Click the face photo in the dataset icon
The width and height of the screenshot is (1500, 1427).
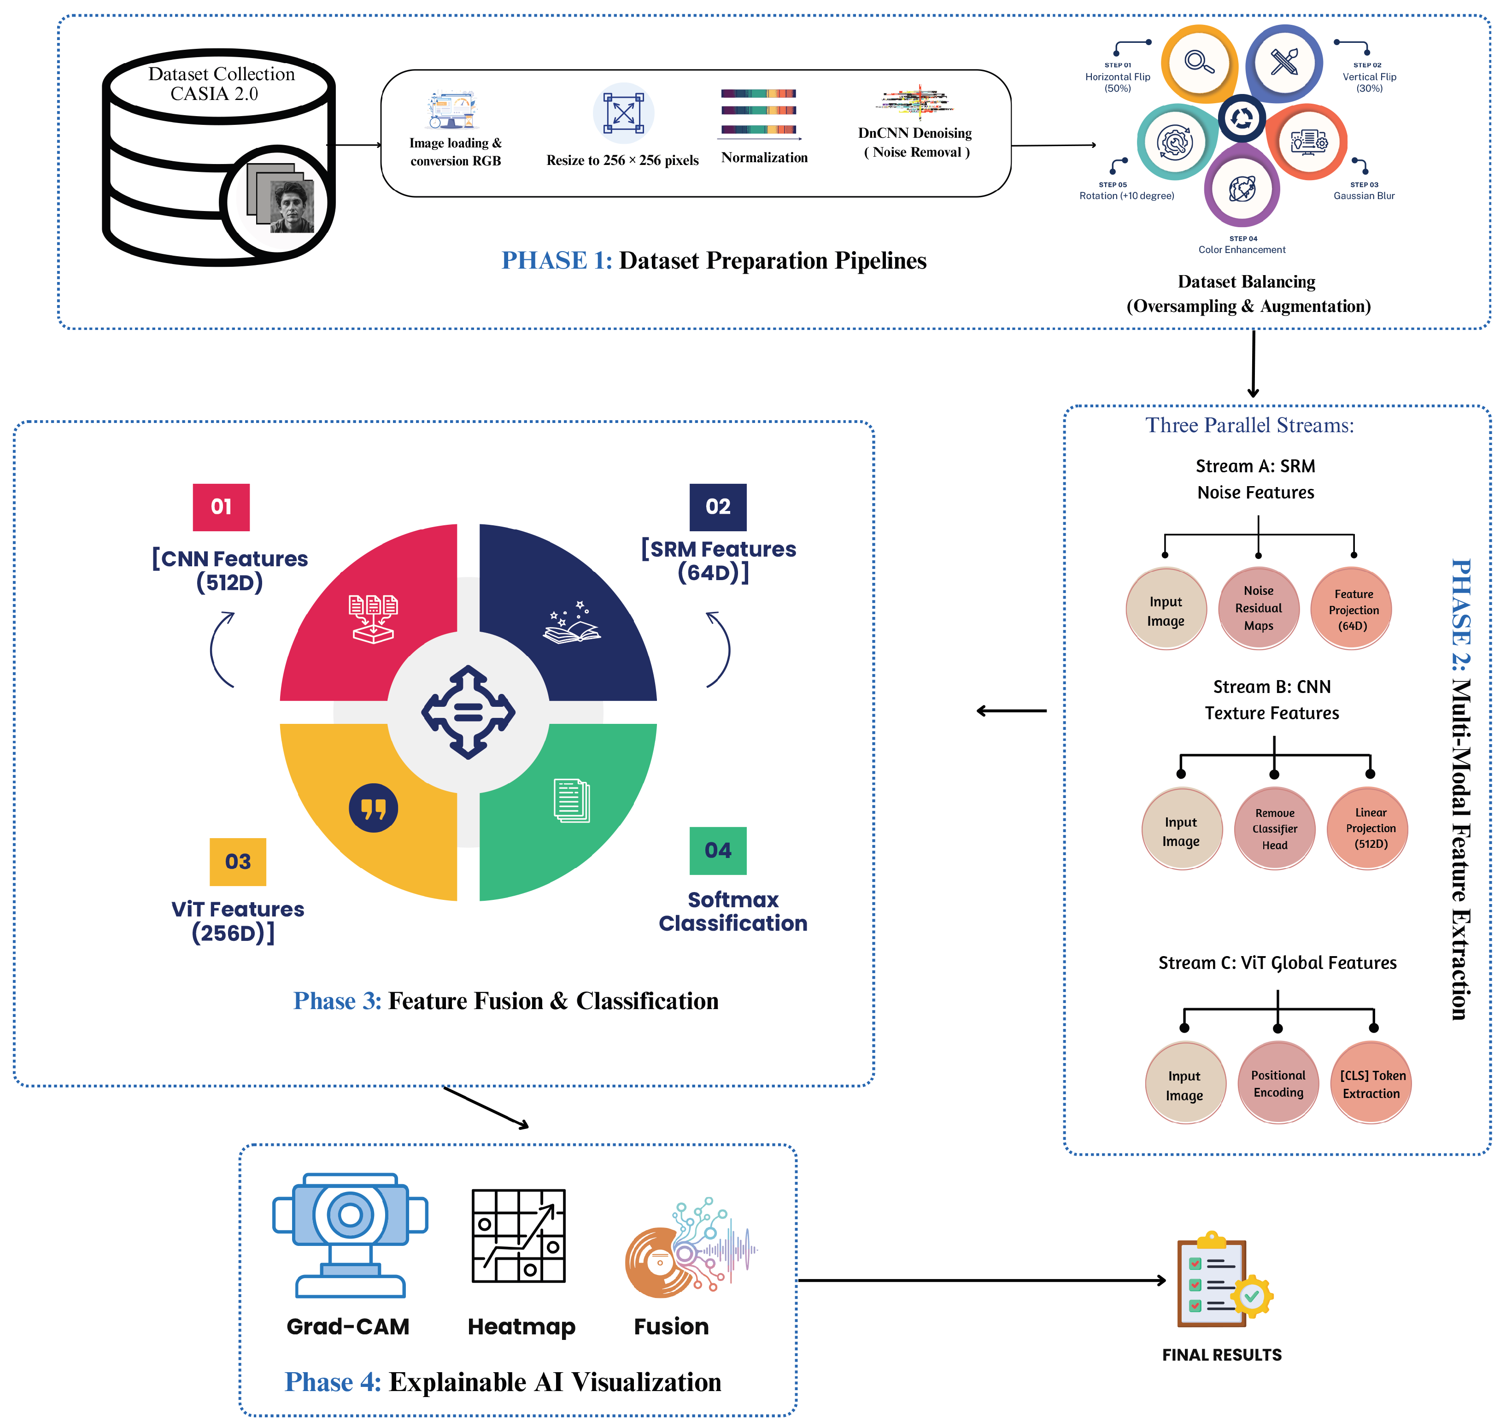(x=292, y=206)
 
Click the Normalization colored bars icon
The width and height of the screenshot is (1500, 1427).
(x=759, y=112)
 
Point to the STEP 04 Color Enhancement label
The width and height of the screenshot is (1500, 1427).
(x=1242, y=244)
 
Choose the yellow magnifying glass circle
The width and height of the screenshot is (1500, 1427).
(x=1200, y=63)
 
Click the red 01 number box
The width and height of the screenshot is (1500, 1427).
(x=221, y=506)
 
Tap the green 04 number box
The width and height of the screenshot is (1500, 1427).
(x=718, y=851)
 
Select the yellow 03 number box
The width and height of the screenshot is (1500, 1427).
(x=238, y=861)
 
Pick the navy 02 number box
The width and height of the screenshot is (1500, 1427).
(x=718, y=506)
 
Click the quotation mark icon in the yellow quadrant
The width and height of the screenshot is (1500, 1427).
(x=374, y=808)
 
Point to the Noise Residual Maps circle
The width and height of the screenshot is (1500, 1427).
(x=1258, y=608)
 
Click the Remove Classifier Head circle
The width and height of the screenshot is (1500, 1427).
(x=1275, y=828)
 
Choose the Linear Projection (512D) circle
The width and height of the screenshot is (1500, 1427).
(x=1368, y=828)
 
